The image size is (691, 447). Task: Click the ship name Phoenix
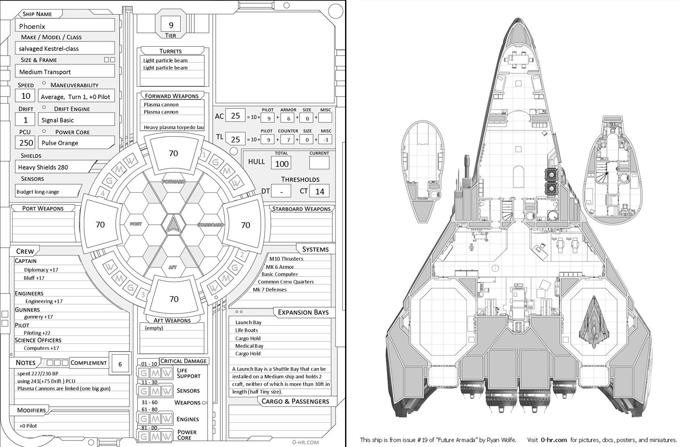click(32, 26)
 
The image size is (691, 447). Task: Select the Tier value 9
click(171, 25)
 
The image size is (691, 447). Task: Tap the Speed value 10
click(26, 96)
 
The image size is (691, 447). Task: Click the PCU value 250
click(26, 143)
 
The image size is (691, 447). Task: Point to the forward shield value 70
click(174, 153)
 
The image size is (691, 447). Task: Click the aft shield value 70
click(174, 299)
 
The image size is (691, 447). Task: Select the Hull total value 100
click(282, 164)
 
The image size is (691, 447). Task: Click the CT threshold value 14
click(320, 191)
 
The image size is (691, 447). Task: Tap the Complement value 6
click(120, 364)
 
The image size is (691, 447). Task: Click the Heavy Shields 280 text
click(43, 167)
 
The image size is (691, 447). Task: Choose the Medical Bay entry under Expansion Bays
click(249, 346)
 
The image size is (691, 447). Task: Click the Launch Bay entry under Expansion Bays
click(248, 322)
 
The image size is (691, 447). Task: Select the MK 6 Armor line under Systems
click(280, 267)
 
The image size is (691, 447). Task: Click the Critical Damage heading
click(183, 361)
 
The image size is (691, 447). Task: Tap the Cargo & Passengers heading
click(295, 401)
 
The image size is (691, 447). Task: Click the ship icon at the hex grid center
click(173, 224)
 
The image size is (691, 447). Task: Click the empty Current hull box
click(319, 163)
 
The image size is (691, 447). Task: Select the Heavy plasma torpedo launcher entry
click(174, 127)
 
